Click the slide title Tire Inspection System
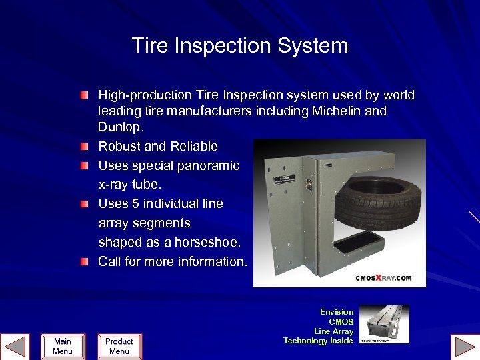point(240,46)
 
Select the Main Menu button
point(62,346)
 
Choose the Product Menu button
point(119,346)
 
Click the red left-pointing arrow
point(15,347)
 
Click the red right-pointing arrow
point(464,347)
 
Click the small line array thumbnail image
point(385,324)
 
